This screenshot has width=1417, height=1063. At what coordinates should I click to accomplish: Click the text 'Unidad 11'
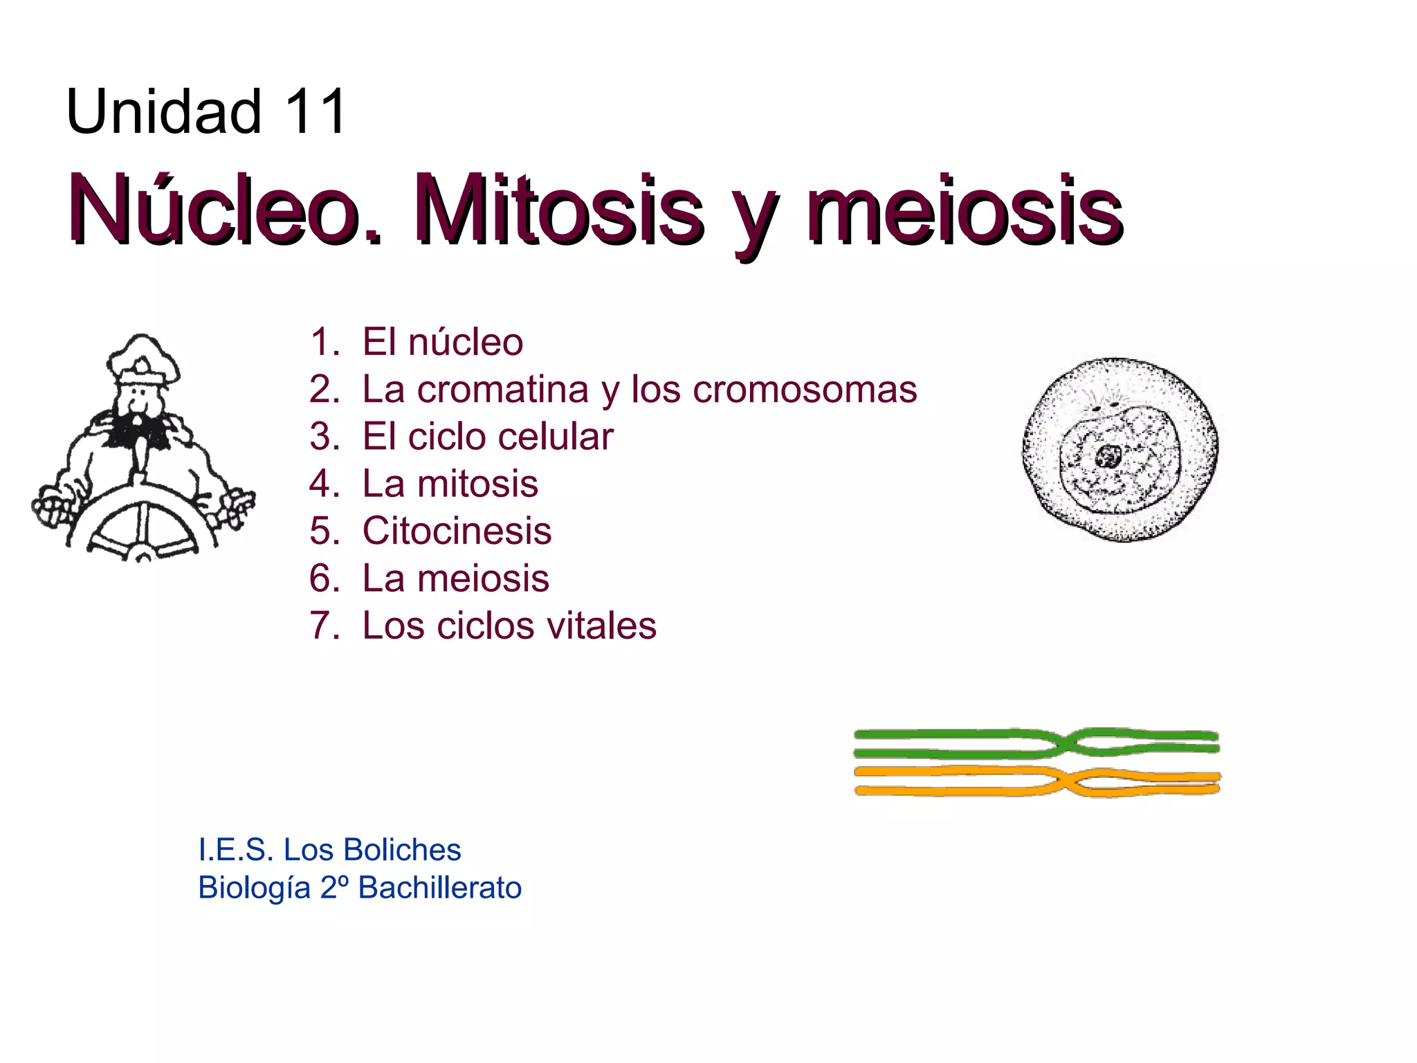206,112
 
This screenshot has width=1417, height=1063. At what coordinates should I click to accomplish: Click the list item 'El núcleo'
442,342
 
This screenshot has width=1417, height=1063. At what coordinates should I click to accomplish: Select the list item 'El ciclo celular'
488,437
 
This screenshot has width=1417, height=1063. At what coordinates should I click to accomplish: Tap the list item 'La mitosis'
450,484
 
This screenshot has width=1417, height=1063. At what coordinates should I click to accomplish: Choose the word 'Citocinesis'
457,531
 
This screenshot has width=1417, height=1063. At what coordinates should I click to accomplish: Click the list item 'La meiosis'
455,579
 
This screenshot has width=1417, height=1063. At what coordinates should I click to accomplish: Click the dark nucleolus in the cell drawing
1107,456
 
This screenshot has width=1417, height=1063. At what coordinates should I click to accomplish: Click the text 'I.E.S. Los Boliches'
329,850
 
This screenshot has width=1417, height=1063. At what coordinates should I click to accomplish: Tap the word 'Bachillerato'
439,888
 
